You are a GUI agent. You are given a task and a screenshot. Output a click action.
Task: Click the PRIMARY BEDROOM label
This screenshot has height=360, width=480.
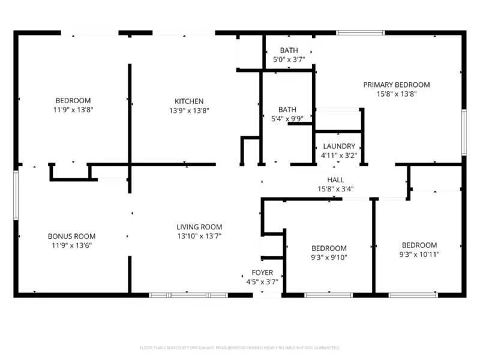396,85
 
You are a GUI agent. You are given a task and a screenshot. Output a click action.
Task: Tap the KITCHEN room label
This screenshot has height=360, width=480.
189,101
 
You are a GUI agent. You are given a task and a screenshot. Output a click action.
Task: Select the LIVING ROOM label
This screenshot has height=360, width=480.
199,227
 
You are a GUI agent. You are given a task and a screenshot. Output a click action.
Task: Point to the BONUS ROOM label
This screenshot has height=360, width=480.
71,236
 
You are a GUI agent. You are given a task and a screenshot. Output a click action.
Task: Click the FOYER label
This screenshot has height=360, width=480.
262,272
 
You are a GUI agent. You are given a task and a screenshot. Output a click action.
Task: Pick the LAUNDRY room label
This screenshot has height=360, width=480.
339,146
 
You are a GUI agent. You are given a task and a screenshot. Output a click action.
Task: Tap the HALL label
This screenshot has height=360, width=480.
335,180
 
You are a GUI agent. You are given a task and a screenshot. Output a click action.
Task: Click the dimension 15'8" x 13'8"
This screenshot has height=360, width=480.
396,94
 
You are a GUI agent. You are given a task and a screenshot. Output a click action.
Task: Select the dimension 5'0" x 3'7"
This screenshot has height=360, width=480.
289,59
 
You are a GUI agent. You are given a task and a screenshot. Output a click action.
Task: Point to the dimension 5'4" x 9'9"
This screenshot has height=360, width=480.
287,118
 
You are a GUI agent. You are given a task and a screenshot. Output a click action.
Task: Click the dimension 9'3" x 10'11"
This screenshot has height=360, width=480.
419,254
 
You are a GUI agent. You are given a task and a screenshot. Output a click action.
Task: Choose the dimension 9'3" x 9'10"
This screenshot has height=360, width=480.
329,257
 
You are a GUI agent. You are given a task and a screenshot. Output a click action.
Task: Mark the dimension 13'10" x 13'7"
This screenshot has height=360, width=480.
199,236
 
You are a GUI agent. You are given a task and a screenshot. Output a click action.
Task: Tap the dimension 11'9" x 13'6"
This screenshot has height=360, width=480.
71,245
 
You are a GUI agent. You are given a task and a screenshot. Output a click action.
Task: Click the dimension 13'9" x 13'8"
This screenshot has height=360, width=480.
189,110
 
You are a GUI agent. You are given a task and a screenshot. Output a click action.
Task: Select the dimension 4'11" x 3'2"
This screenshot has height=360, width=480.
339,155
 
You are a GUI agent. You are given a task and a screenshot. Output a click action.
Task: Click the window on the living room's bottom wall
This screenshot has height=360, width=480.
188,295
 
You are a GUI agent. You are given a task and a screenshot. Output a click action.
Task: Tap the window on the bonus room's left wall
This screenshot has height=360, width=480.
16,192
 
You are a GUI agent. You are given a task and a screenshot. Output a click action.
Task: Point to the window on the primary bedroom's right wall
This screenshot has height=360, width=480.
463,132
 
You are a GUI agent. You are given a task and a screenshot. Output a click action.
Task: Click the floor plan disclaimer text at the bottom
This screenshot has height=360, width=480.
239,347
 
